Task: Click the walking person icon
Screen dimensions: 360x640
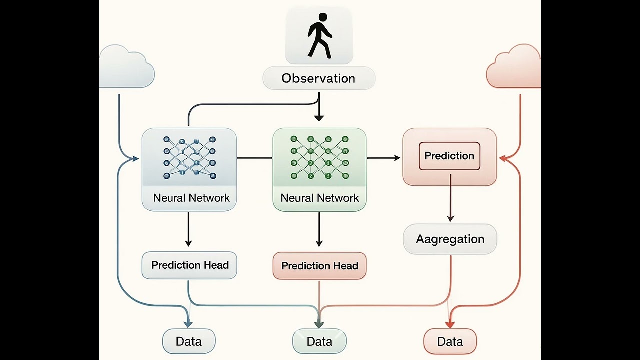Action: pos(319,35)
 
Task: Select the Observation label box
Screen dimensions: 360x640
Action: pos(319,78)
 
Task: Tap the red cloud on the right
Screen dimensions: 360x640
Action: pos(514,67)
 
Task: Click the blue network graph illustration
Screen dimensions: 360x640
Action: pos(189,157)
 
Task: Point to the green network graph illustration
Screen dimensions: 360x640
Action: pos(319,157)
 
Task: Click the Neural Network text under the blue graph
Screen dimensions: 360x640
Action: pos(191,198)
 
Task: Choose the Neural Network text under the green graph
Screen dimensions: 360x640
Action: pos(319,198)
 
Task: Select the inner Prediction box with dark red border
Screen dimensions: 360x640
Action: pos(449,156)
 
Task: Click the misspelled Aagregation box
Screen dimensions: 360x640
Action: pos(450,239)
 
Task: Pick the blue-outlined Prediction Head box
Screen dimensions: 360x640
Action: pos(189,265)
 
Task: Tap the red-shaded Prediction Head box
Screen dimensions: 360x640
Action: pos(319,266)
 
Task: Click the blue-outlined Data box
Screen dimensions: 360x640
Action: pos(189,342)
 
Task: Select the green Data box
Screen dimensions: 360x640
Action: pos(319,342)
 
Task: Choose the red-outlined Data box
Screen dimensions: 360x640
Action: pos(450,342)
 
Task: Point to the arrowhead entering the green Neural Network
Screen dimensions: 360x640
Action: pos(319,118)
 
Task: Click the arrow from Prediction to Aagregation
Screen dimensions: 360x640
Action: pos(450,198)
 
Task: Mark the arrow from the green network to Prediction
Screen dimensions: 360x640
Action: pos(384,158)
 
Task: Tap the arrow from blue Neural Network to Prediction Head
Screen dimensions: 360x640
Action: pos(188,229)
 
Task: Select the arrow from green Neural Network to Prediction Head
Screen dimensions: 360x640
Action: pos(319,229)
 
